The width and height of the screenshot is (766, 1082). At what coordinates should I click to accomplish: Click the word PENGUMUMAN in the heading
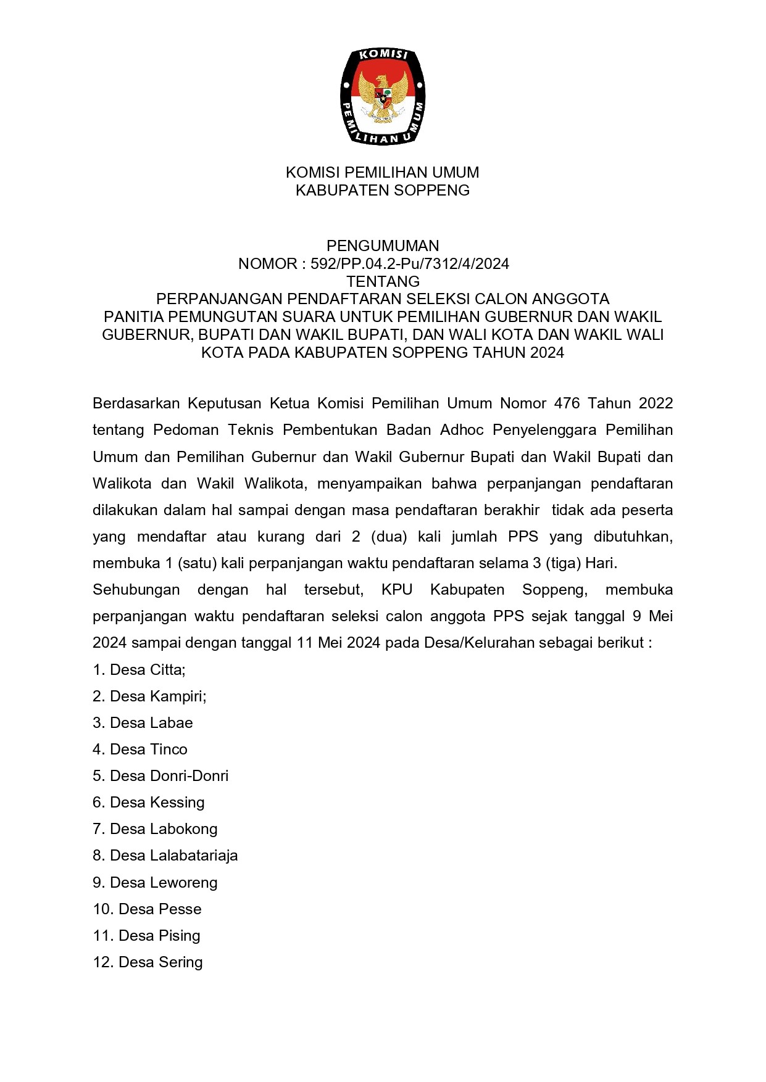(x=383, y=246)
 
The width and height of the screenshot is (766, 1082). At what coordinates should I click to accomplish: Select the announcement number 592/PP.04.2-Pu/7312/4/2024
(x=410, y=264)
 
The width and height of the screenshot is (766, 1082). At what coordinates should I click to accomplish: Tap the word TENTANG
(x=383, y=282)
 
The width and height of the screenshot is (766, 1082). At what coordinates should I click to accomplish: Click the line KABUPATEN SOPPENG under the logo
(x=383, y=190)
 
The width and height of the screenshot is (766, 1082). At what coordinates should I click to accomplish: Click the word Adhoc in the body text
(x=462, y=430)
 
